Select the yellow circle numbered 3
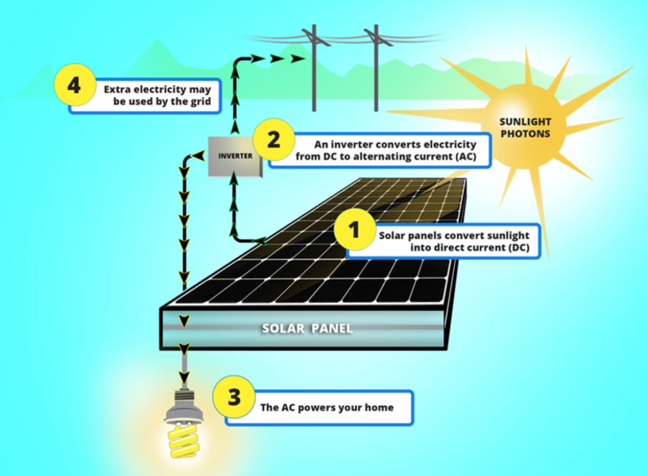(234, 398)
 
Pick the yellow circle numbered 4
(74, 85)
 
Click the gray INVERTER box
(235, 157)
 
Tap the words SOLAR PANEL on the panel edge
(307, 329)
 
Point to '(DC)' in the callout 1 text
(517, 248)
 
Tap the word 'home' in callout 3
(380, 408)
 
